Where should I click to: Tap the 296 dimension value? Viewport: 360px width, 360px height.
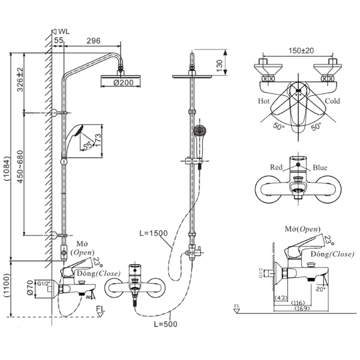click(93, 40)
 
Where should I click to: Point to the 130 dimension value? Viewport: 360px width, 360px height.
click(220, 64)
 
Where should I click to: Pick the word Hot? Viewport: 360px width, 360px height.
click(265, 102)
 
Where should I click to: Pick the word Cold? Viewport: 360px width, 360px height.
click(332, 102)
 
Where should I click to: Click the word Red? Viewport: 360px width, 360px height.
click(277, 167)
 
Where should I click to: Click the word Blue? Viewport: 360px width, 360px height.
click(320, 167)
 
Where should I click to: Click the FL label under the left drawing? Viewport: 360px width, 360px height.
click(101, 309)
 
